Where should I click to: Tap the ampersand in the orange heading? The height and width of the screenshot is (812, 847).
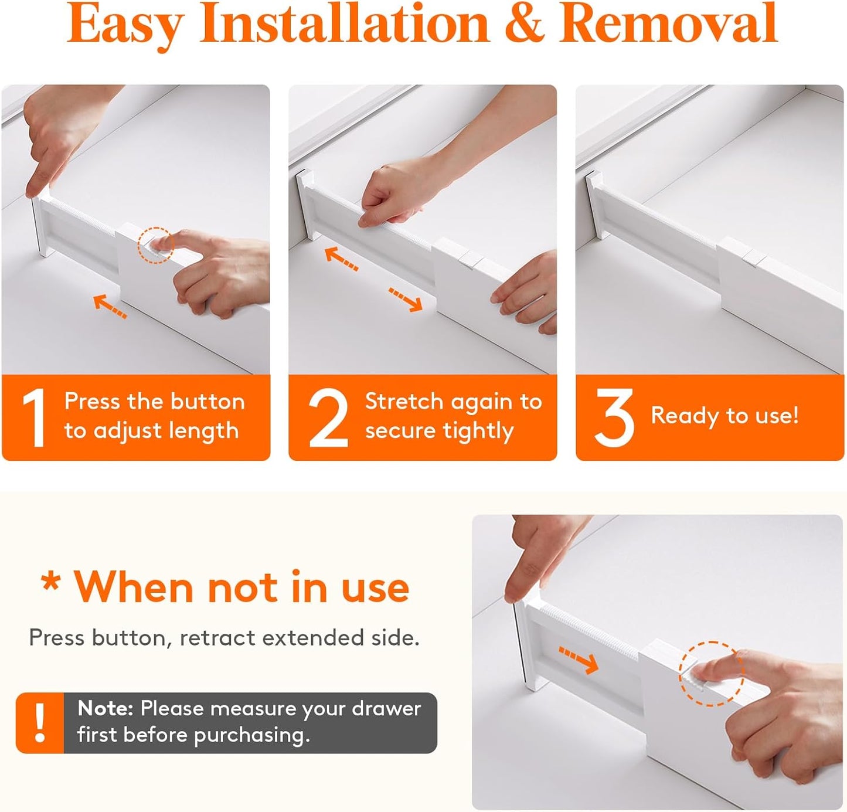click(x=524, y=25)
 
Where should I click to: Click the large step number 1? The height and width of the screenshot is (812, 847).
click(x=34, y=418)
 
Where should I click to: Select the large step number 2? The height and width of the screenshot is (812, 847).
click(x=328, y=418)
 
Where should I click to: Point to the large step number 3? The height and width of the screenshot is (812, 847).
click(x=614, y=417)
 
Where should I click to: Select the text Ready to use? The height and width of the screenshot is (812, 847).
click(x=724, y=416)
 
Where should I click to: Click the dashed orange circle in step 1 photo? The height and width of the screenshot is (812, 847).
click(x=155, y=245)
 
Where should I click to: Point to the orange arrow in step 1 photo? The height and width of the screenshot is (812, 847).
click(x=110, y=306)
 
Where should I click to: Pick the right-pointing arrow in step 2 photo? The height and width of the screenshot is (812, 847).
click(x=406, y=299)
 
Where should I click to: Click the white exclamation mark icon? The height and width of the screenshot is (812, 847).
click(x=40, y=723)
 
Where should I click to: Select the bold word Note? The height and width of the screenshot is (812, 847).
click(x=106, y=709)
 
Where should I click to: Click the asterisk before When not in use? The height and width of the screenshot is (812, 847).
click(x=51, y=582)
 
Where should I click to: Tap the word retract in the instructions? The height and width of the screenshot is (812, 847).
click(x=217, y=638)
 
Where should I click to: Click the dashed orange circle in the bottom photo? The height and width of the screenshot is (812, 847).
click(x=711, y=673)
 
